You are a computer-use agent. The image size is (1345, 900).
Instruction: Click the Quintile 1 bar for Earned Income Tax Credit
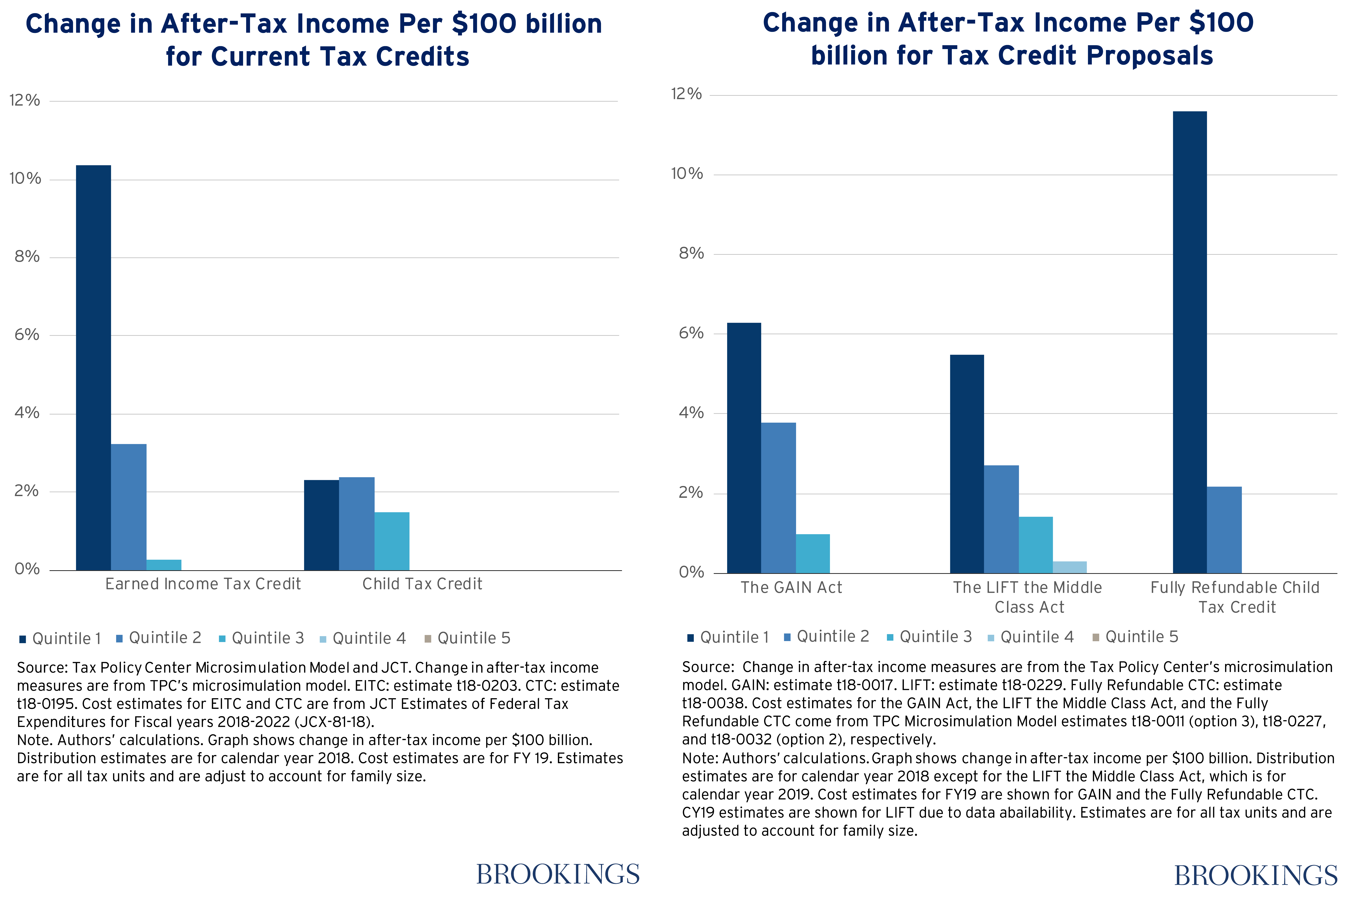click(x=93, y=367)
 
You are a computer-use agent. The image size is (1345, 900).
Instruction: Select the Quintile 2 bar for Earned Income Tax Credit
click(x=128, y=507)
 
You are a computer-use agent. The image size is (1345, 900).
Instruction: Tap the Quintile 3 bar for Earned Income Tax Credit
click(x=164, y=565)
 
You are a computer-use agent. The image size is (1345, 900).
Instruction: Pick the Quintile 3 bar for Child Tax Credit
click(x=392, y=541)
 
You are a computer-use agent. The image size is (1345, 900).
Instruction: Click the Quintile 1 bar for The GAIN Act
click(x=744, y=448)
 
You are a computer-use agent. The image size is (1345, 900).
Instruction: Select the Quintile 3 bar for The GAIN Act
click(x=813, y=553)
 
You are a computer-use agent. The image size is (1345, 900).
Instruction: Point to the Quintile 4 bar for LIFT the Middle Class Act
click(x=1070, y=567)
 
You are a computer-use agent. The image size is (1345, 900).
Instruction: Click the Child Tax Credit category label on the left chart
click(x=422, y=584)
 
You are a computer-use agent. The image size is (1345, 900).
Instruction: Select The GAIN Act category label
click(x=791, y=588)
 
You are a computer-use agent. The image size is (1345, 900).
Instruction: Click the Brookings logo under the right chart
click(x=1255, y=875)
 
